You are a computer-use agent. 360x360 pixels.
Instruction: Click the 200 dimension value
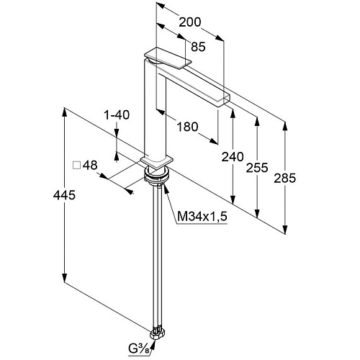pos(190,22)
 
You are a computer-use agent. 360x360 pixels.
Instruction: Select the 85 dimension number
pos(198,47)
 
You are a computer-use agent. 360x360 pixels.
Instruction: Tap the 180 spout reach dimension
pos(187,127)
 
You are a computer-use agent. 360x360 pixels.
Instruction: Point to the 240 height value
pos(233,157)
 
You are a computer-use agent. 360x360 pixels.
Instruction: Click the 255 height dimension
pos(257,168)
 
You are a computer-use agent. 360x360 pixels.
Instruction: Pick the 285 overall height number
pos(285,178)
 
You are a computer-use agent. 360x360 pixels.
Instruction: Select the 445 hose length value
pos(64,194)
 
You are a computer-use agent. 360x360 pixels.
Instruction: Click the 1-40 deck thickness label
pos(117,115)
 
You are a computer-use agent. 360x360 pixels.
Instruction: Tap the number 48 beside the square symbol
pos(90,166)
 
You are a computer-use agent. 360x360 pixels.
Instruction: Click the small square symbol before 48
pos(76,166)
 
